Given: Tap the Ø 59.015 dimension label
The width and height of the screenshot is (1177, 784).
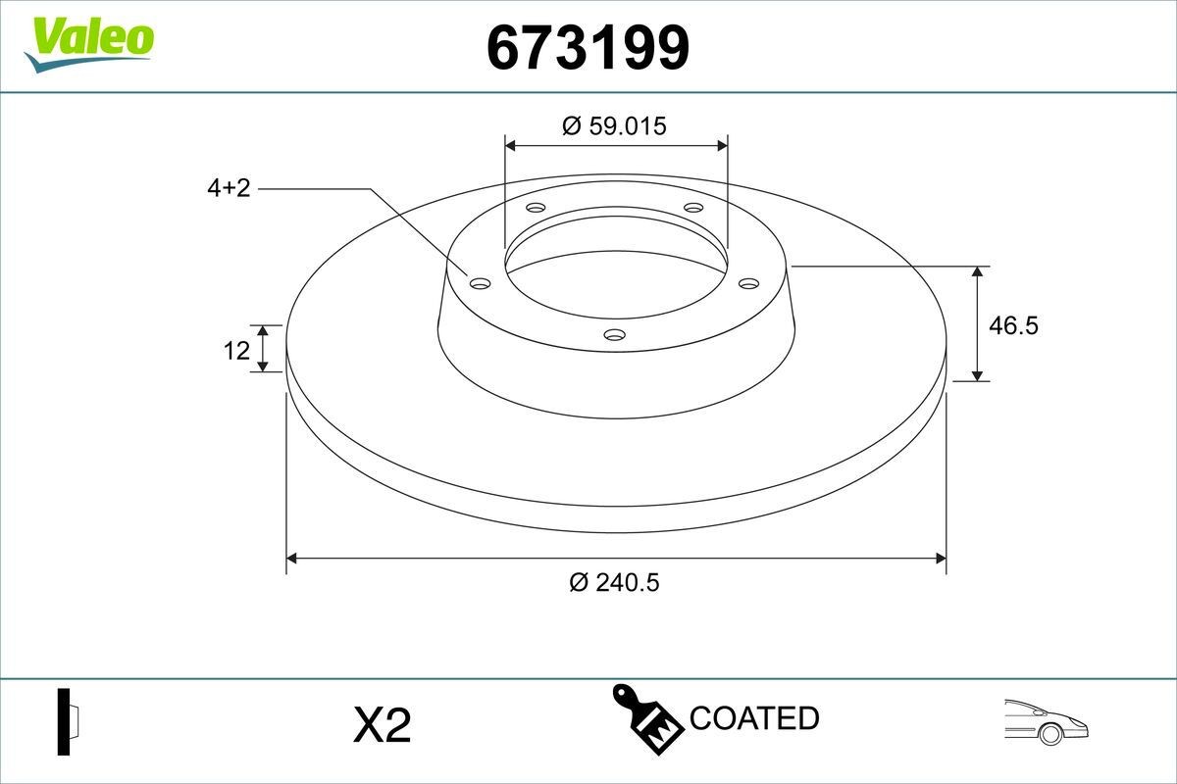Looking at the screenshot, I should [x=615, y=125].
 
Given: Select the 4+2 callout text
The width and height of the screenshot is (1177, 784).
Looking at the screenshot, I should [x=229, y=188].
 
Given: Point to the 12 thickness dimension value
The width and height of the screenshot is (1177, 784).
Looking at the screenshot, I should [x=236, y=350].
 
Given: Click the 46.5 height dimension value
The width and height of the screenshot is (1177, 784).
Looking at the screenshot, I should [x=1012, y=325].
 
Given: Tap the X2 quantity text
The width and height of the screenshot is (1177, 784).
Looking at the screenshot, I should [x=381, y=725].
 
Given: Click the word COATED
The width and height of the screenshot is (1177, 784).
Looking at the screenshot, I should [x=753, y=718].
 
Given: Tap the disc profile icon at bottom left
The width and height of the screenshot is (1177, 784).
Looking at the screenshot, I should [x=67, y=721].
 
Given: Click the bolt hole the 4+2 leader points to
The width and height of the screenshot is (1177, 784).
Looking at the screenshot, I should [x=480, y=283].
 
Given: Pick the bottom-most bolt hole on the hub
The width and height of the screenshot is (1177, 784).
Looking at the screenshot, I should [x=614, y=335].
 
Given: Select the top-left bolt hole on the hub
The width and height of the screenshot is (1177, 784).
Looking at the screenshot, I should [x=535, y=208].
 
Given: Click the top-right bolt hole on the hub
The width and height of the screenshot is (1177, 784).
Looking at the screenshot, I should [x=693, y=208].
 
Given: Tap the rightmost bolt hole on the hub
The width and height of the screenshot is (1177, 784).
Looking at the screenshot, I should [x=749, y=283].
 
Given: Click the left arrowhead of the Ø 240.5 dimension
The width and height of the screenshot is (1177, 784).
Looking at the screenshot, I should [x=291, y=559].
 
